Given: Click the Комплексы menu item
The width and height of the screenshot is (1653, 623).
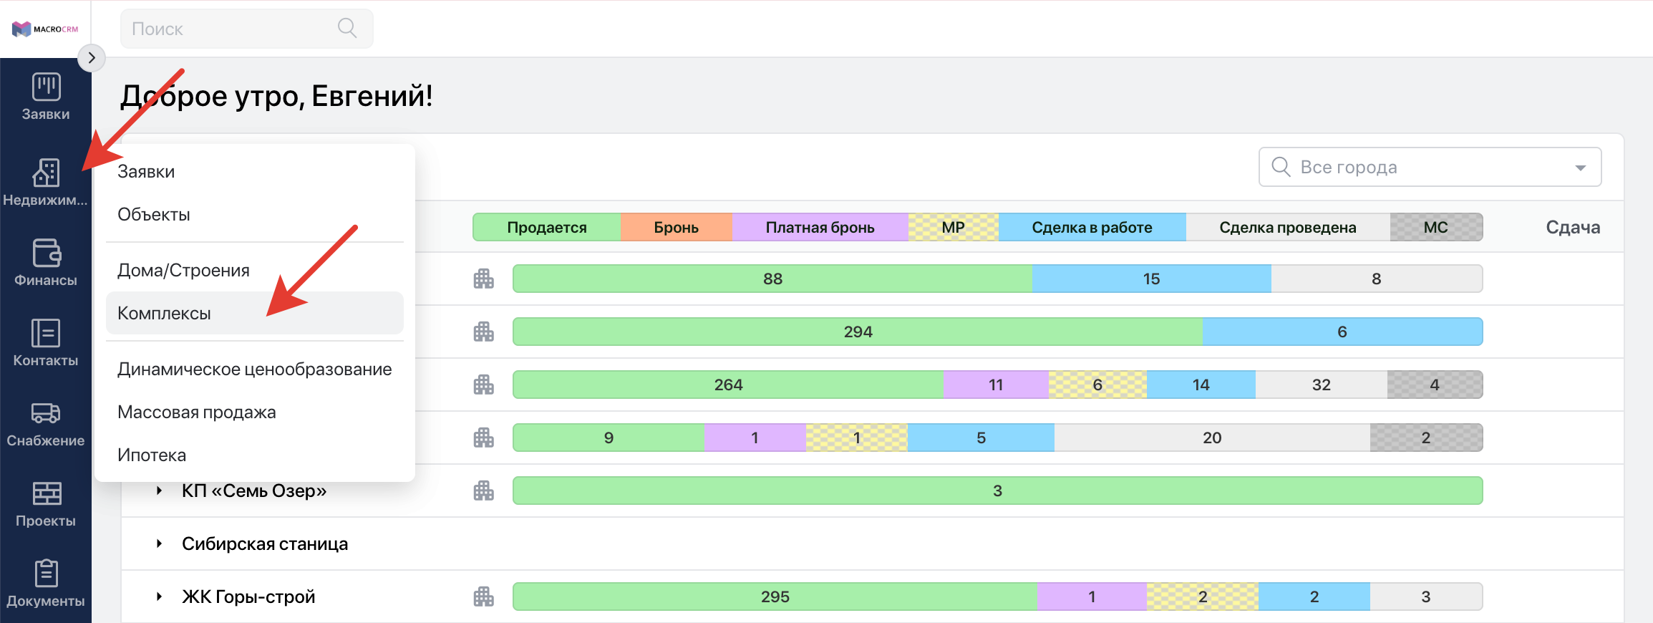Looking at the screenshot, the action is point(164,313).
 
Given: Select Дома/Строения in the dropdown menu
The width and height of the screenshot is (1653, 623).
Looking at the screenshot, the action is point(183,270).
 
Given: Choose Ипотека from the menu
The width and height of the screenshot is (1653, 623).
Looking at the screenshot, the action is point(152,455).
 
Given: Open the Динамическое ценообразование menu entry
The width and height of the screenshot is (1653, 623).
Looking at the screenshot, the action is point(254,369).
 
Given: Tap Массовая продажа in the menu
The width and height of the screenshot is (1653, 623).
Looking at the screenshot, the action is point(196,412).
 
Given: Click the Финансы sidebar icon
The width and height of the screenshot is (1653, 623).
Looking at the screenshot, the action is point(47,253).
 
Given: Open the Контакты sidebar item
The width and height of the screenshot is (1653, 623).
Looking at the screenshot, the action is point(46,342).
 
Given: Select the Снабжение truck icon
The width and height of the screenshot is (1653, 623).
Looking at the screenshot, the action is point(46,413).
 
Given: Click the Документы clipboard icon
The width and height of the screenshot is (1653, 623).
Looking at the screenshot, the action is point(47,574).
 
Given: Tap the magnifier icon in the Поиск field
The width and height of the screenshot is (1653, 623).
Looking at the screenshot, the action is point(347,28).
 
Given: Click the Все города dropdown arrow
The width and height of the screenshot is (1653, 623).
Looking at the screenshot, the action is point(1581,168).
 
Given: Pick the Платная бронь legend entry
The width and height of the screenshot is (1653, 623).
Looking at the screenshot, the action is point(820,227).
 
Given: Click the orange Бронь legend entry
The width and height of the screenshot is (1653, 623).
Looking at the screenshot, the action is point(677,227).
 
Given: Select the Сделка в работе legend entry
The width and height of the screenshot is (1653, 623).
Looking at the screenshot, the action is point(1092,227).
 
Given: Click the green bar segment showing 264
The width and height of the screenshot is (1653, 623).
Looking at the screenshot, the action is point(728,385).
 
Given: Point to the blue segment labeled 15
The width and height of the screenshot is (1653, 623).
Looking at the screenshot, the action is point(1151,279).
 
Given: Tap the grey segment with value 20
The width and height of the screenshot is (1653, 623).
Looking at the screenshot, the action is point(1212,438).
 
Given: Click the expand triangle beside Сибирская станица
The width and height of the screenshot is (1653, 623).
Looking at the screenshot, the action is point(160,544).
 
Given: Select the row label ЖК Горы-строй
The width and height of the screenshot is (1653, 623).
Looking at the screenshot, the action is point(248,597).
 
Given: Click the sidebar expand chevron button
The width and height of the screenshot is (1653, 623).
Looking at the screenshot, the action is point(92,58).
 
